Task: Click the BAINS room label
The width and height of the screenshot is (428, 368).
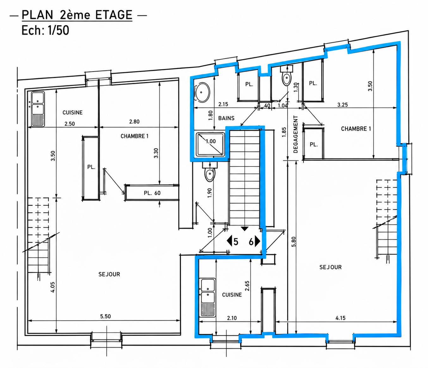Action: [226, 118]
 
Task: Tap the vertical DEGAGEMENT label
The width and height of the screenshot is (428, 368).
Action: [295, 134]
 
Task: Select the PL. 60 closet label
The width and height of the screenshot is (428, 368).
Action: [152, 193]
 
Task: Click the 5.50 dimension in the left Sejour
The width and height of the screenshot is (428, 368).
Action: [105, 316]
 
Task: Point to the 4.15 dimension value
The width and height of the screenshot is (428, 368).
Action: [340, 318]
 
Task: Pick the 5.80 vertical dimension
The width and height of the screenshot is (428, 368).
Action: [294, 242]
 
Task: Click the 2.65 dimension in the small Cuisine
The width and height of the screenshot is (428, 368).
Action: [247, 286]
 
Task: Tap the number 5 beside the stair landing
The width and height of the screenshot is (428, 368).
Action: [236, 242]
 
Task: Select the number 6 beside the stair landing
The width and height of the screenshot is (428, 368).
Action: [251, 241]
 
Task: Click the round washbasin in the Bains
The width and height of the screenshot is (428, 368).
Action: [202, 92]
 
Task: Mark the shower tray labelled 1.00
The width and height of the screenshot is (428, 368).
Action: [210, 144]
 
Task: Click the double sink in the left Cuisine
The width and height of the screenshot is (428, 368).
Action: [38, 109]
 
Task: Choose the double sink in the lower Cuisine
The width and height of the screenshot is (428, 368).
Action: [207, 297]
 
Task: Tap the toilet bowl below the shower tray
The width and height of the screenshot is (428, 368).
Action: [210, 174]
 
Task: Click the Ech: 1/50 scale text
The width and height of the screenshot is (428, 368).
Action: [45, 30]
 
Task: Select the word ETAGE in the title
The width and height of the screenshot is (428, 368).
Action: [114, 15]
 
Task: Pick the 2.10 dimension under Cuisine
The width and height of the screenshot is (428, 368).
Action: [232, 318]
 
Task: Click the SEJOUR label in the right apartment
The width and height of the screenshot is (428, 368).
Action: [331, 267]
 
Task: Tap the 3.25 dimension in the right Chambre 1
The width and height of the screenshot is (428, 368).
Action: [343, 105]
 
